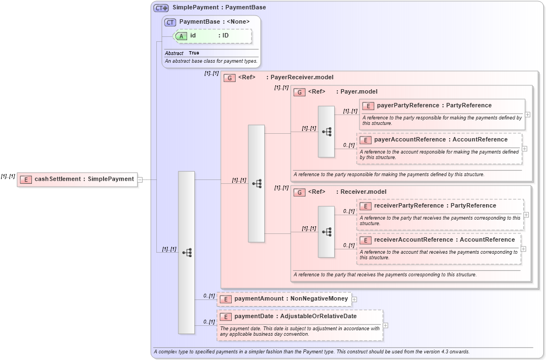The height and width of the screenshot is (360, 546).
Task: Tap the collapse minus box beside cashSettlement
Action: pyautogui.click(x=140, y=179)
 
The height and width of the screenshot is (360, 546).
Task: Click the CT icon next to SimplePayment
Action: pyautogui.click(x=161, y=8)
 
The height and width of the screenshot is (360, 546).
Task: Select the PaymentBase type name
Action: pyautogui.click(x=199, y=21)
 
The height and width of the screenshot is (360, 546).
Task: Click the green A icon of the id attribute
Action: pyautogui.click(x=182, y=36)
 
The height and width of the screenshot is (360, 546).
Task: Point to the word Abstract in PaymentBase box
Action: pyautogui.click(x=174, y=53)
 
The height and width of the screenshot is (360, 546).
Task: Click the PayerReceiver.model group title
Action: pyautogui.click(x=302, y=78)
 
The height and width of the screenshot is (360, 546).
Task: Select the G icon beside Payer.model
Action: pyautogui.click(x=299, y=92)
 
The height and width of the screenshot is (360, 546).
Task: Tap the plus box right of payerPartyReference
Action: pyautogui.click(x=527, y=114)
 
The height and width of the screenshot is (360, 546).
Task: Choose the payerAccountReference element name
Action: pyautogui.click(x=409, y=140)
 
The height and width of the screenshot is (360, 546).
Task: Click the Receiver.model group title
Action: pyautogui.click(x=363, y=192)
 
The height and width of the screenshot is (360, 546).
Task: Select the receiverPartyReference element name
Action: pyautogui.click(x=408, y=206)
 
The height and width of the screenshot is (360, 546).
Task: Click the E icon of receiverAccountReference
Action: pyautogui.click(x=365, y=240)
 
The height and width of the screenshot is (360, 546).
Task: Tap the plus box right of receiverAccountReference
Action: pyautogui.click(x=523, y=249)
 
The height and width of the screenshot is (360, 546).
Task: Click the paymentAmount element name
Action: pyautogui.click(x=258, y=299)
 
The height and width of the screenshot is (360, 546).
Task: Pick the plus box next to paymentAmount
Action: pyautogui.click(x=354, y=299)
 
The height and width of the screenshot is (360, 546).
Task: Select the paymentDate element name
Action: pyautogui.click(x=256, y=317)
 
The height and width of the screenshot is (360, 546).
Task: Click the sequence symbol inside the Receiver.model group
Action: pyautogui.click(x=326, y=232)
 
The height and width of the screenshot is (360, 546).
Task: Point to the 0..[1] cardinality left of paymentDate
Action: pyautogui.click(x=209, y=322)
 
